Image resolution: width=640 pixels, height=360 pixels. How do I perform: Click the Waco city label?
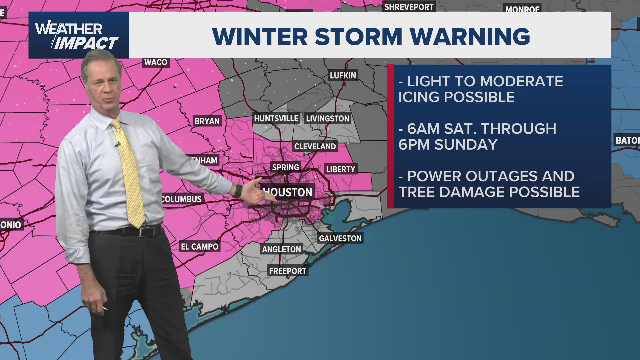[156, 62]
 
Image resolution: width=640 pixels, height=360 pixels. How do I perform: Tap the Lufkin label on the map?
[343, 76]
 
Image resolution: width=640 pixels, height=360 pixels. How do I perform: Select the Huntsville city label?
[276, 119]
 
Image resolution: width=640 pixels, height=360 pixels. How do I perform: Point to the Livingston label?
[328, 119]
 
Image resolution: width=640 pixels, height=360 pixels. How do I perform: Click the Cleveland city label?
[315, 146]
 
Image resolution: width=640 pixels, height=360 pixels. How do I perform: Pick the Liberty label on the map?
[341, 169]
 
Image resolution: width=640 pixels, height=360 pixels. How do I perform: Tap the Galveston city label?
[340, 238]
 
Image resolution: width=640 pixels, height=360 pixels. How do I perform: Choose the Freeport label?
[287, 271]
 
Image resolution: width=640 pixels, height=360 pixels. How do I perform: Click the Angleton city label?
[281, 249]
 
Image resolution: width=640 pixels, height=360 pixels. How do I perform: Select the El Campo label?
[199, 247]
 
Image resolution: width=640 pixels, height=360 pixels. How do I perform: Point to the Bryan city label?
[207, 121]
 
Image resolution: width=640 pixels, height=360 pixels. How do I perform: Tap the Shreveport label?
[409, 7]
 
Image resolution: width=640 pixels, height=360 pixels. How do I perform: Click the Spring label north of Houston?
[285, 167]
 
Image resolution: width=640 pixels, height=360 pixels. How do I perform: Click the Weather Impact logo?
[79, 35]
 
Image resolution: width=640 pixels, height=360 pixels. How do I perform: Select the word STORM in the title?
[358, 36]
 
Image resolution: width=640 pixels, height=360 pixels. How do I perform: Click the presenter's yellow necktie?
[130, 173]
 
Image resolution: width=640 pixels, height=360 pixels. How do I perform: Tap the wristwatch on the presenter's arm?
[238, 191]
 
